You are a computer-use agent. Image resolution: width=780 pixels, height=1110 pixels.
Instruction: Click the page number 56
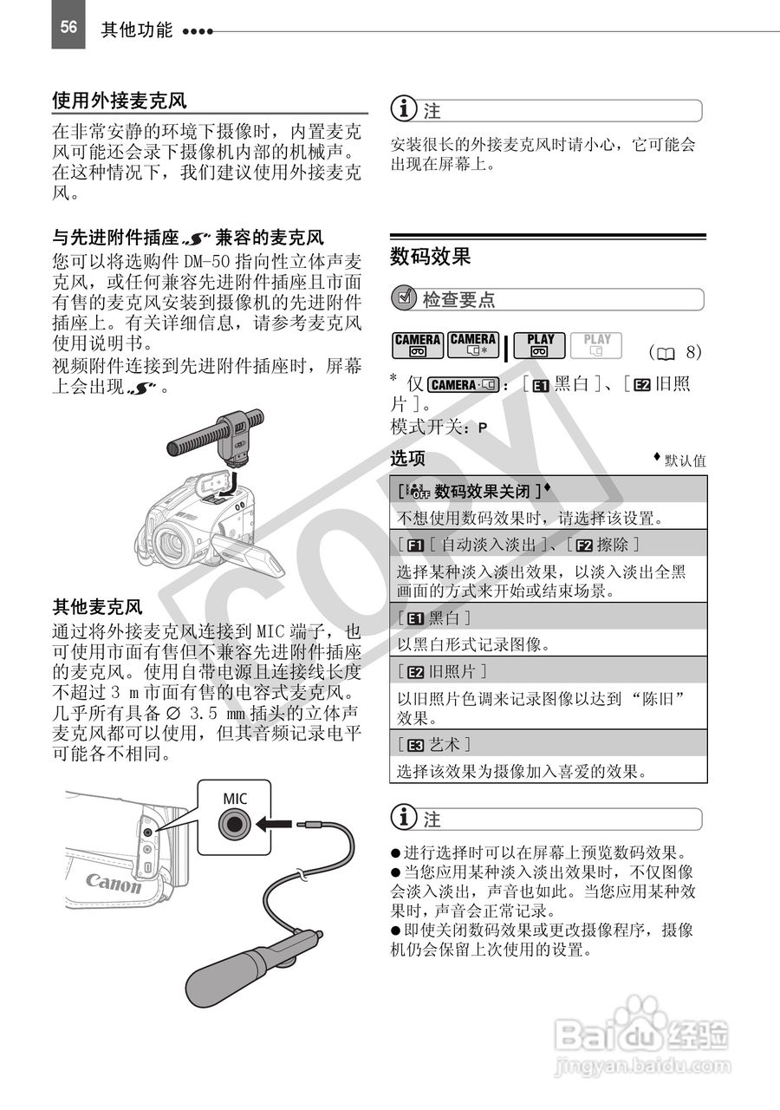(x=68, y=27)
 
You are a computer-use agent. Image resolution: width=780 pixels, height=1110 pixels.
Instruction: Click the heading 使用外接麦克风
(x=119, y=101)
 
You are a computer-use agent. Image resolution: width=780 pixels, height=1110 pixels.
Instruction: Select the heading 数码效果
(x=431, y=256)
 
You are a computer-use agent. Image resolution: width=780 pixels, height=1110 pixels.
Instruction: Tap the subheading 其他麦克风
(x=97, y=607)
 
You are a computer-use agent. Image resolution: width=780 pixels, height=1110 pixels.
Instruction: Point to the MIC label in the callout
(x=235, y=798)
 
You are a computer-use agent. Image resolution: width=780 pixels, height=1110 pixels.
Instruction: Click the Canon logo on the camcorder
(x=113, y=884)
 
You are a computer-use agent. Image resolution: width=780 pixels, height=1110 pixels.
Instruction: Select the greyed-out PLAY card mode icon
(x=596, y=346)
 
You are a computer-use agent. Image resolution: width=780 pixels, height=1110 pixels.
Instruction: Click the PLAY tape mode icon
(x=540, y=346)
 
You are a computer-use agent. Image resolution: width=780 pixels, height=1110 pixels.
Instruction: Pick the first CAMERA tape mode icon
(x=417, y=346)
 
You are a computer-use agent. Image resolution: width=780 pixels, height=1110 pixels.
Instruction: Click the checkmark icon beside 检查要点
(x=404, y=299)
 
